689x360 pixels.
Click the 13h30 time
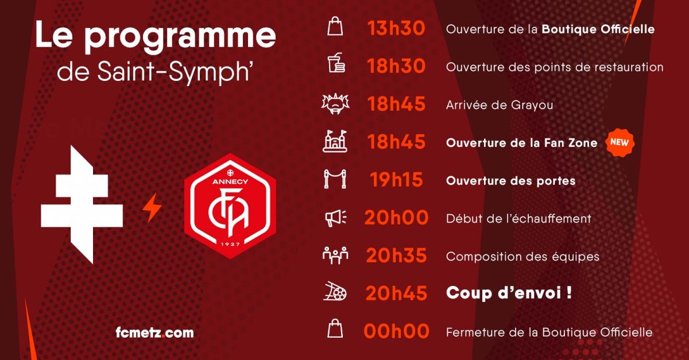click(396, 28)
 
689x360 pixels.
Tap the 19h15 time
click(396, 180)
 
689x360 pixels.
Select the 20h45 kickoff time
click(396, 293)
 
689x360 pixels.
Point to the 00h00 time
click(396, 331)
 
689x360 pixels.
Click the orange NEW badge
click(620, 142)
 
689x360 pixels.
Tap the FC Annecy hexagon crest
click(230, 206)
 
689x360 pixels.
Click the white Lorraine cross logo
click(82, 204)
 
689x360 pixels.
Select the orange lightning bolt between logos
click(152, 208)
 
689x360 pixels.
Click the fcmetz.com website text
click(154, 332)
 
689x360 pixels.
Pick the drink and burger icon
click(335, 63)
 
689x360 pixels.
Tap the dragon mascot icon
click(335, 104)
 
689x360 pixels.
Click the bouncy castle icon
click(335, 141)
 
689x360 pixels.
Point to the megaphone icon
click(335, 218)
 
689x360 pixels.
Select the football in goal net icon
click(335, 291)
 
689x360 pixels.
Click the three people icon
click(335, 256)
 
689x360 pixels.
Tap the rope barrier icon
click(335, 179)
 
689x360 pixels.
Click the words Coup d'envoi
click(503, 293)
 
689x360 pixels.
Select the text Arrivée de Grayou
click(500, 105)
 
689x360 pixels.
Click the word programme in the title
click(180, 36)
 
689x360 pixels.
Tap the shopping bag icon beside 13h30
click(335, 26)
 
